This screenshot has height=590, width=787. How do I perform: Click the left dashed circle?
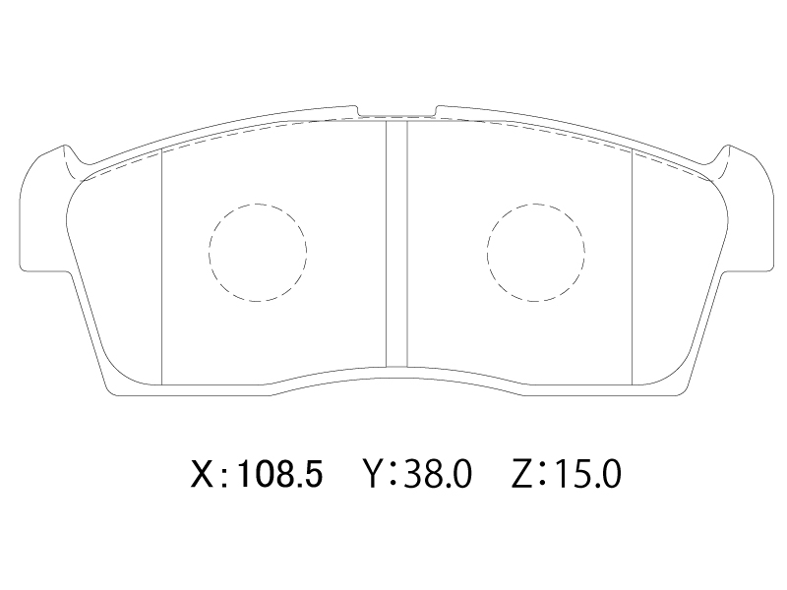[210, 253]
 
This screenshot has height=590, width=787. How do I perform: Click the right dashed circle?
[487, 253]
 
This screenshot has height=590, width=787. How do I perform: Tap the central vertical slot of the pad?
[396, 244]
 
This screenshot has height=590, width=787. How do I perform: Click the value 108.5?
[279, 475]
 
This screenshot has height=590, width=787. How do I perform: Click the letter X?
[203, 475]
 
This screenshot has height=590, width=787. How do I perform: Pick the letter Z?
[522, 475]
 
